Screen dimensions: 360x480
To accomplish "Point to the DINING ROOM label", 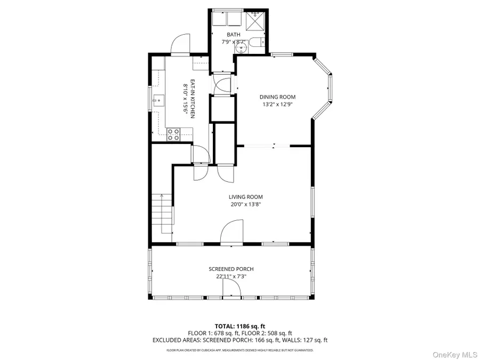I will pyautogui.click(x=277, y=97).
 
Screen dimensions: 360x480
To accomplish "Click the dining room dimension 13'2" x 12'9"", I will pyautogui.click(x=277, y=104).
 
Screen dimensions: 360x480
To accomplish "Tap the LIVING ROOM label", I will pyautogui.click(x=246, y=197).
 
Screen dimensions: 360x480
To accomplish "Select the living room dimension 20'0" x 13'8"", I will pyautogui.click(x=246, y=204).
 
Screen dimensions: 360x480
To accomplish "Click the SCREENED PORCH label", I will pyautogui.click(x=231, y=269).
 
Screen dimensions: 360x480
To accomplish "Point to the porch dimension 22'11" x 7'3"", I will pyautogui.click(x=231, y=276).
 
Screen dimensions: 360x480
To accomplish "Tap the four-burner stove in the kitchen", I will pyautogui.click(x=173, y=134).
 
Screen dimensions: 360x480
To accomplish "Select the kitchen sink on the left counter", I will pyautogui.click(x=157, y=99).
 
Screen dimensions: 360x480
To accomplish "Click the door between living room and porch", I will pyautogui.click(x=233, y=235).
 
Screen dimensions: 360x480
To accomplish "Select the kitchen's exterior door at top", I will pyautogui.click(x=180, y=44).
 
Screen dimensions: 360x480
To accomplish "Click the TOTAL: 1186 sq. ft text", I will pyautogui.click(x=239, y=325).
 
